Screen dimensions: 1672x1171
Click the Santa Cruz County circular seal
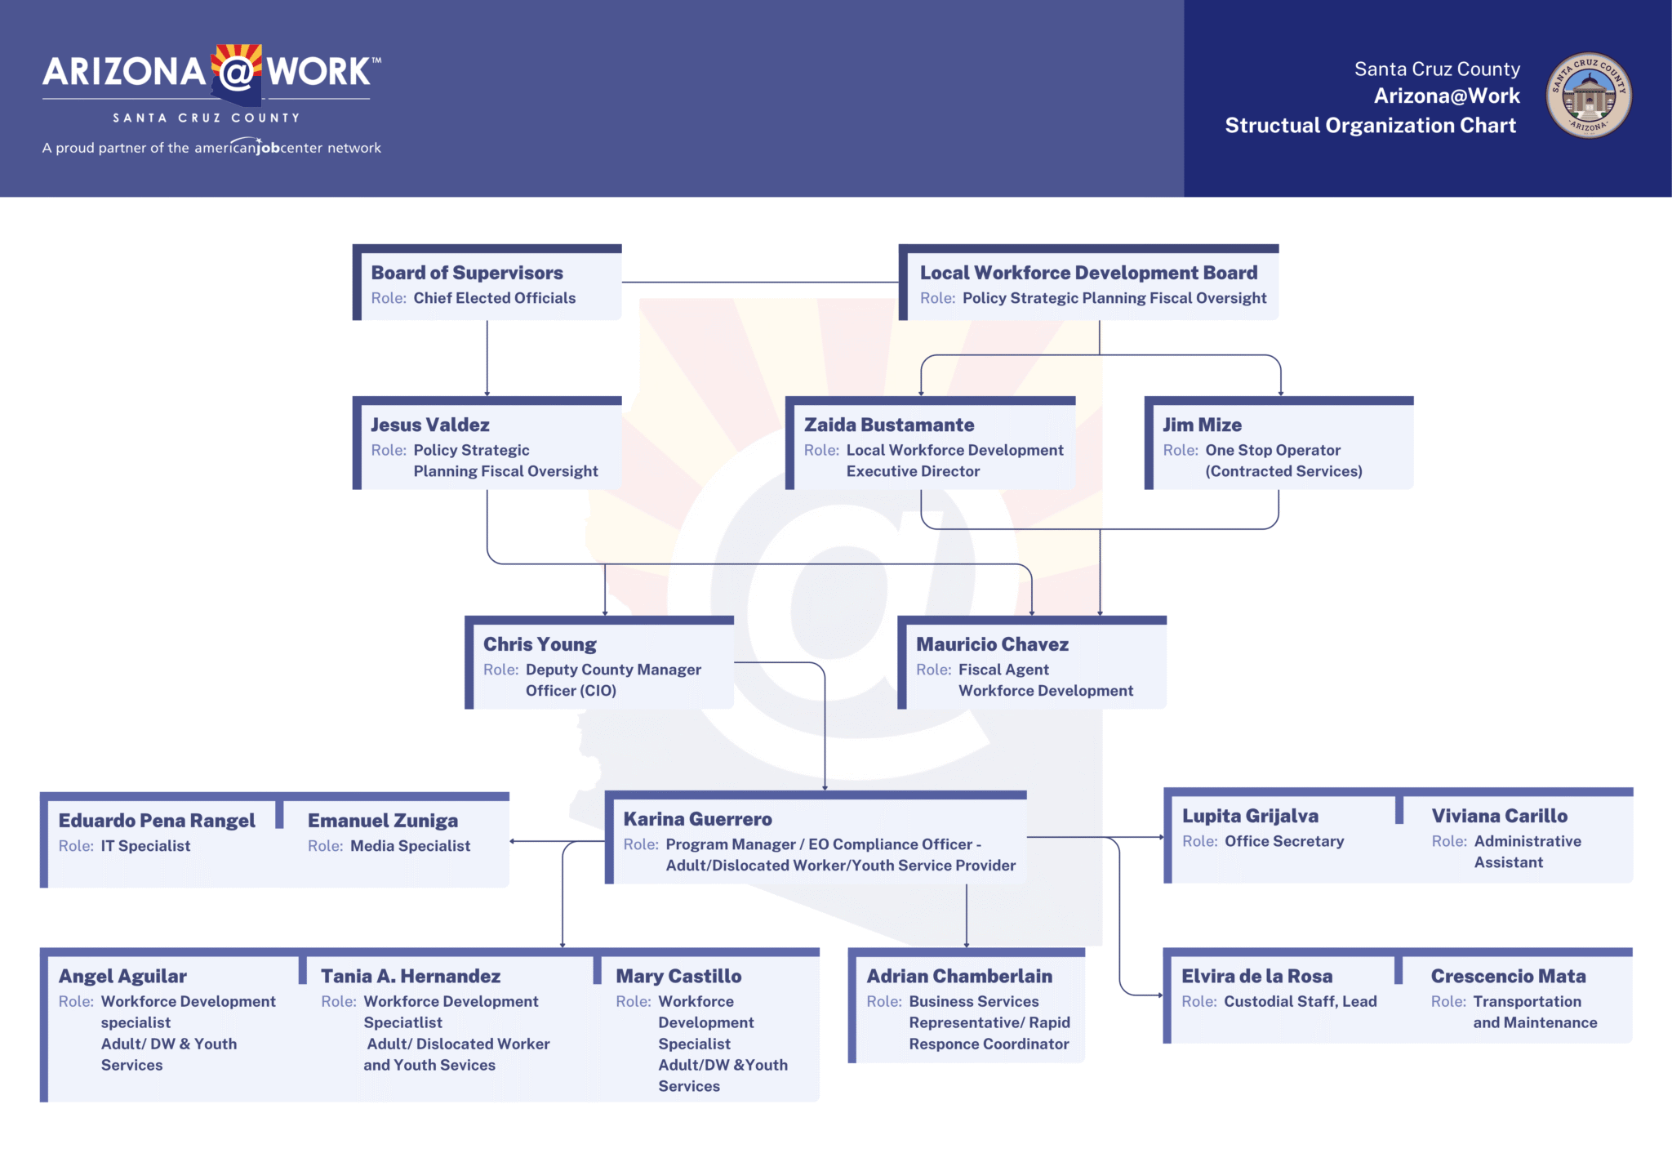1588,96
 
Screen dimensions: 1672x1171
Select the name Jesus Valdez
430,425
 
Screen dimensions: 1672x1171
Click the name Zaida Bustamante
889,425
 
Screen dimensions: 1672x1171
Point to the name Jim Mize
1202,425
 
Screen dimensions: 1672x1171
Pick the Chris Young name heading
540,644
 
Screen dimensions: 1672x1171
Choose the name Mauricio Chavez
992,644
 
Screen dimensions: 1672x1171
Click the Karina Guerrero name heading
697,819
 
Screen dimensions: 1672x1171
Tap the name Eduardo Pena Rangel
157,821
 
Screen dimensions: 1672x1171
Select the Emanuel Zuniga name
382,821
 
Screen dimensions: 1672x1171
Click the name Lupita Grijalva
1250,816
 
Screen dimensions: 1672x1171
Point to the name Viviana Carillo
1499,816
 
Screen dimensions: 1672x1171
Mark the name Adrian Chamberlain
959,976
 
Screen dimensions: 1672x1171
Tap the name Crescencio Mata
1508,976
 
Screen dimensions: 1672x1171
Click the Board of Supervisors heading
467,273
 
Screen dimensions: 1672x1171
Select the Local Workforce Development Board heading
1088,273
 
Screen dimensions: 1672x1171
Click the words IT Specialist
145,846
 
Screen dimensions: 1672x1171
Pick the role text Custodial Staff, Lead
1300,1001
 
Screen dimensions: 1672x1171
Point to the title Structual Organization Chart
1370,125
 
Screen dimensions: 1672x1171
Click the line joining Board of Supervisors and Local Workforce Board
760,283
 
